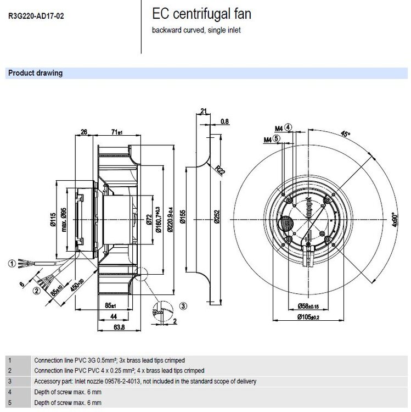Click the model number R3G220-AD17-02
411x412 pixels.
pos(36,16)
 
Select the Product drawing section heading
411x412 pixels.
pos(35,73)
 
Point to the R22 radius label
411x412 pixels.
pos(219,170)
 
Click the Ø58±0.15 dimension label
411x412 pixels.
pos(308,305)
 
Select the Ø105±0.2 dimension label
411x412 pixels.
pos(308,318)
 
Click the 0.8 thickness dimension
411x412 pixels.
pos(224,121)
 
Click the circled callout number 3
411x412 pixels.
pos(183,305)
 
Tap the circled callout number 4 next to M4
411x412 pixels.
pos(289,127)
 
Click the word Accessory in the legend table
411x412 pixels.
pos(47,381)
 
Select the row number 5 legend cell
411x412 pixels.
pos(9,403)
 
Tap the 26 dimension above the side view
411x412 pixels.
pos(84,132)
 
